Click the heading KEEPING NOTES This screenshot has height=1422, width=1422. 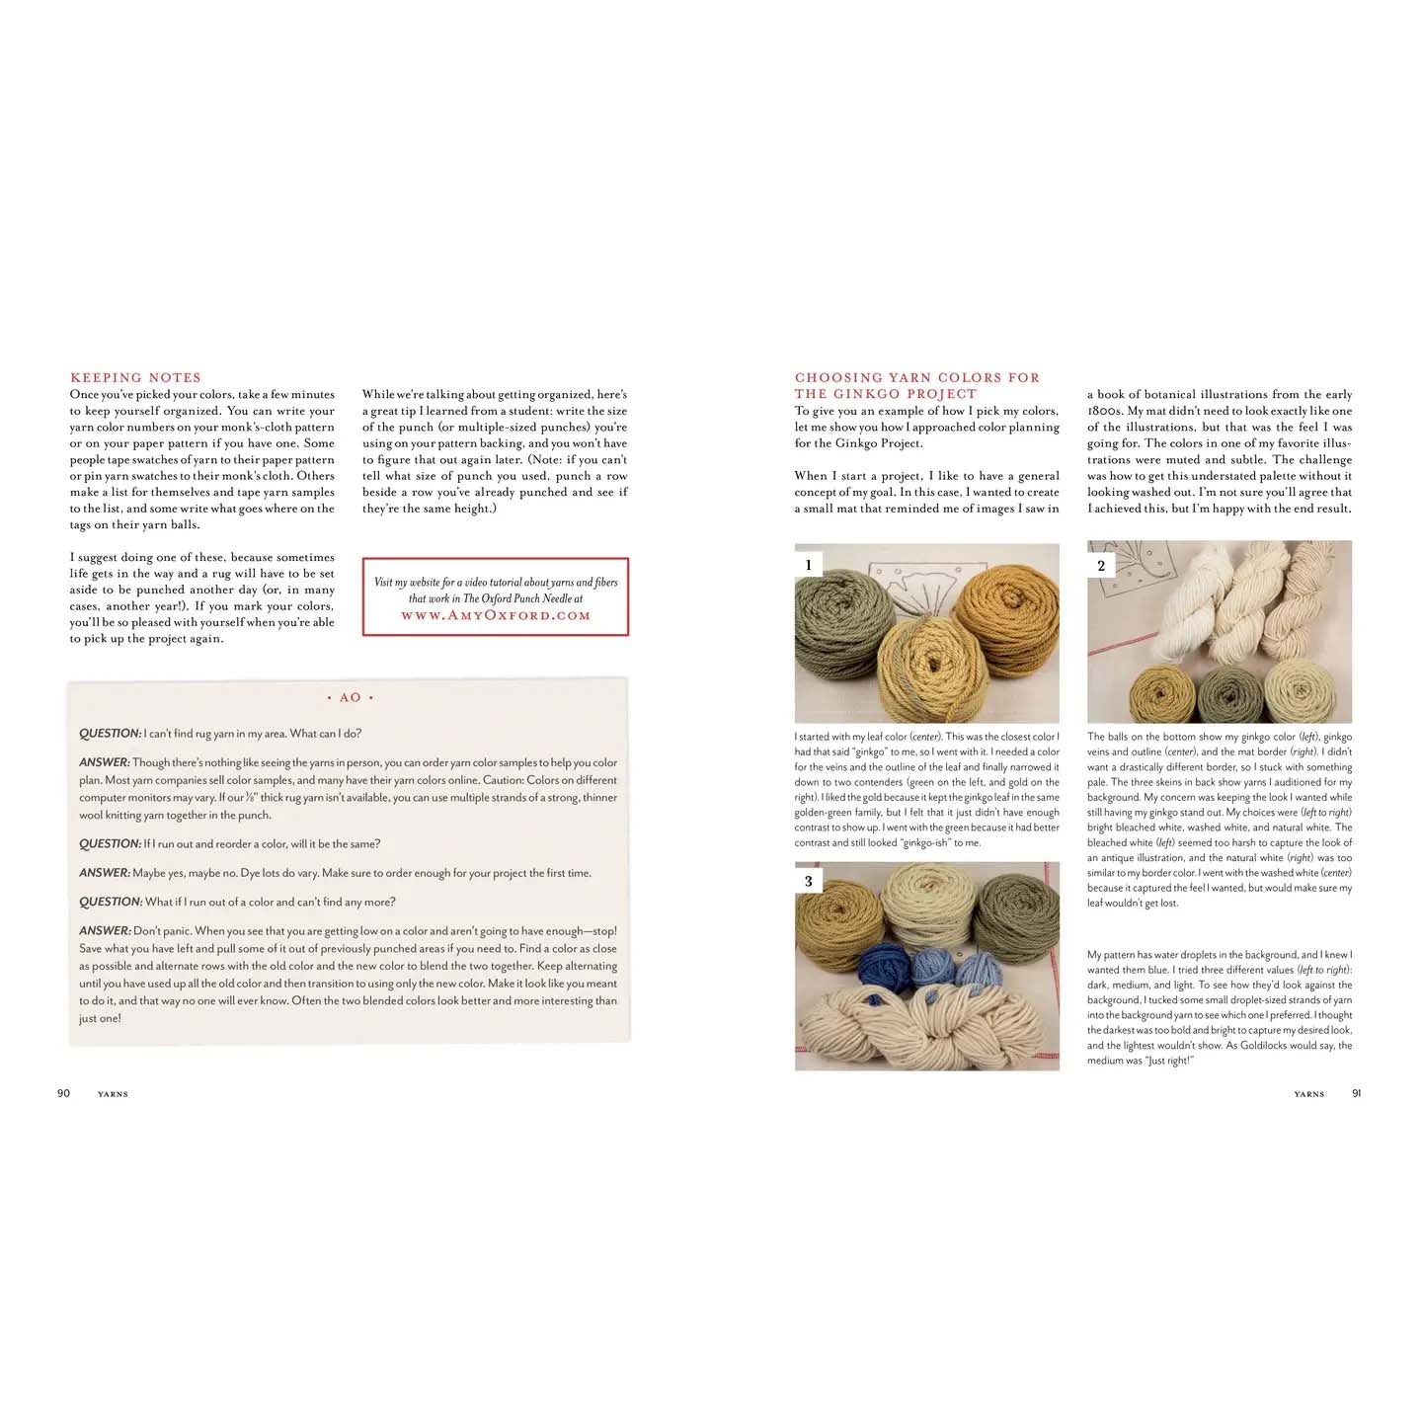[135, 377]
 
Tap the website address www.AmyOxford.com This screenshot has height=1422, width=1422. [495, 615]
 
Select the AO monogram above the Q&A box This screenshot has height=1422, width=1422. [351, 697]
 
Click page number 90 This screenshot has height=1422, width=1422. [63, 1093]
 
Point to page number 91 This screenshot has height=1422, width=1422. [1357, 1093]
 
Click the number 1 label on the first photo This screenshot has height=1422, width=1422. [809, 565]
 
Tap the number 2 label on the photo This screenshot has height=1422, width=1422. [1101, 565]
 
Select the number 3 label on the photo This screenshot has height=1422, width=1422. [809, 881]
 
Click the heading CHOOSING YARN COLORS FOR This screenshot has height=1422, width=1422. [916, 377]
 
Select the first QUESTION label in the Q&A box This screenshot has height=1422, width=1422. [110, 734]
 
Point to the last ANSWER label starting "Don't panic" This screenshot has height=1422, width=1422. [104, 931]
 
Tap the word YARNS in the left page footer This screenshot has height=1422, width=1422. [113, 1094]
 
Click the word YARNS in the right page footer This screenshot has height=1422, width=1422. [1308, 1094]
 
